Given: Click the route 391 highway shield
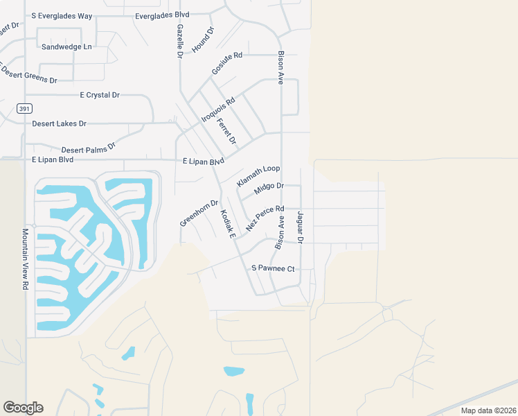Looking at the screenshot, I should pos(24,109).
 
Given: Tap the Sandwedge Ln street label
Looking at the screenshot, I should pos(66,47).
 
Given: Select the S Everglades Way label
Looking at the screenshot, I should pos(62,15).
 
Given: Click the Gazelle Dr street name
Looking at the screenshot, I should pos(179,40).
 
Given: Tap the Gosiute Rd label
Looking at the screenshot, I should pos(227,63).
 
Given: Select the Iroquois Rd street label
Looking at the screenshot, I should pos(218,110).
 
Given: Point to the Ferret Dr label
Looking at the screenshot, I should pos(226,132).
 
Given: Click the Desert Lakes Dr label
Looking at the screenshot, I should pos(59,124).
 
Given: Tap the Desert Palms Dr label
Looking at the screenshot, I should pos(88,148).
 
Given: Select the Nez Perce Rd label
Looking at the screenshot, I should pos(265,218).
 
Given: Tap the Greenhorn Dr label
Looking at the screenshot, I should pos(199,213).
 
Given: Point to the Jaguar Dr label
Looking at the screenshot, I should pos(301,227).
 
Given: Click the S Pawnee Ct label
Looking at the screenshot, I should pos(273,268).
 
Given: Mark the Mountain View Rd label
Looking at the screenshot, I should pos(24,259).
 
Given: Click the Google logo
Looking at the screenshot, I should pos(23,407).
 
